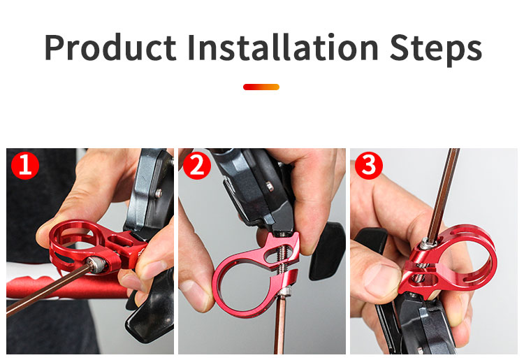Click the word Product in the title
point(110,48)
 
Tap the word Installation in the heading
point(283,48)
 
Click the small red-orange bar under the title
point(261,87)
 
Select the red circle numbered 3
point(369,166)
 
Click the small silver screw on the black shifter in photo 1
point(159,192)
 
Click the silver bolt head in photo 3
point(425,243)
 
